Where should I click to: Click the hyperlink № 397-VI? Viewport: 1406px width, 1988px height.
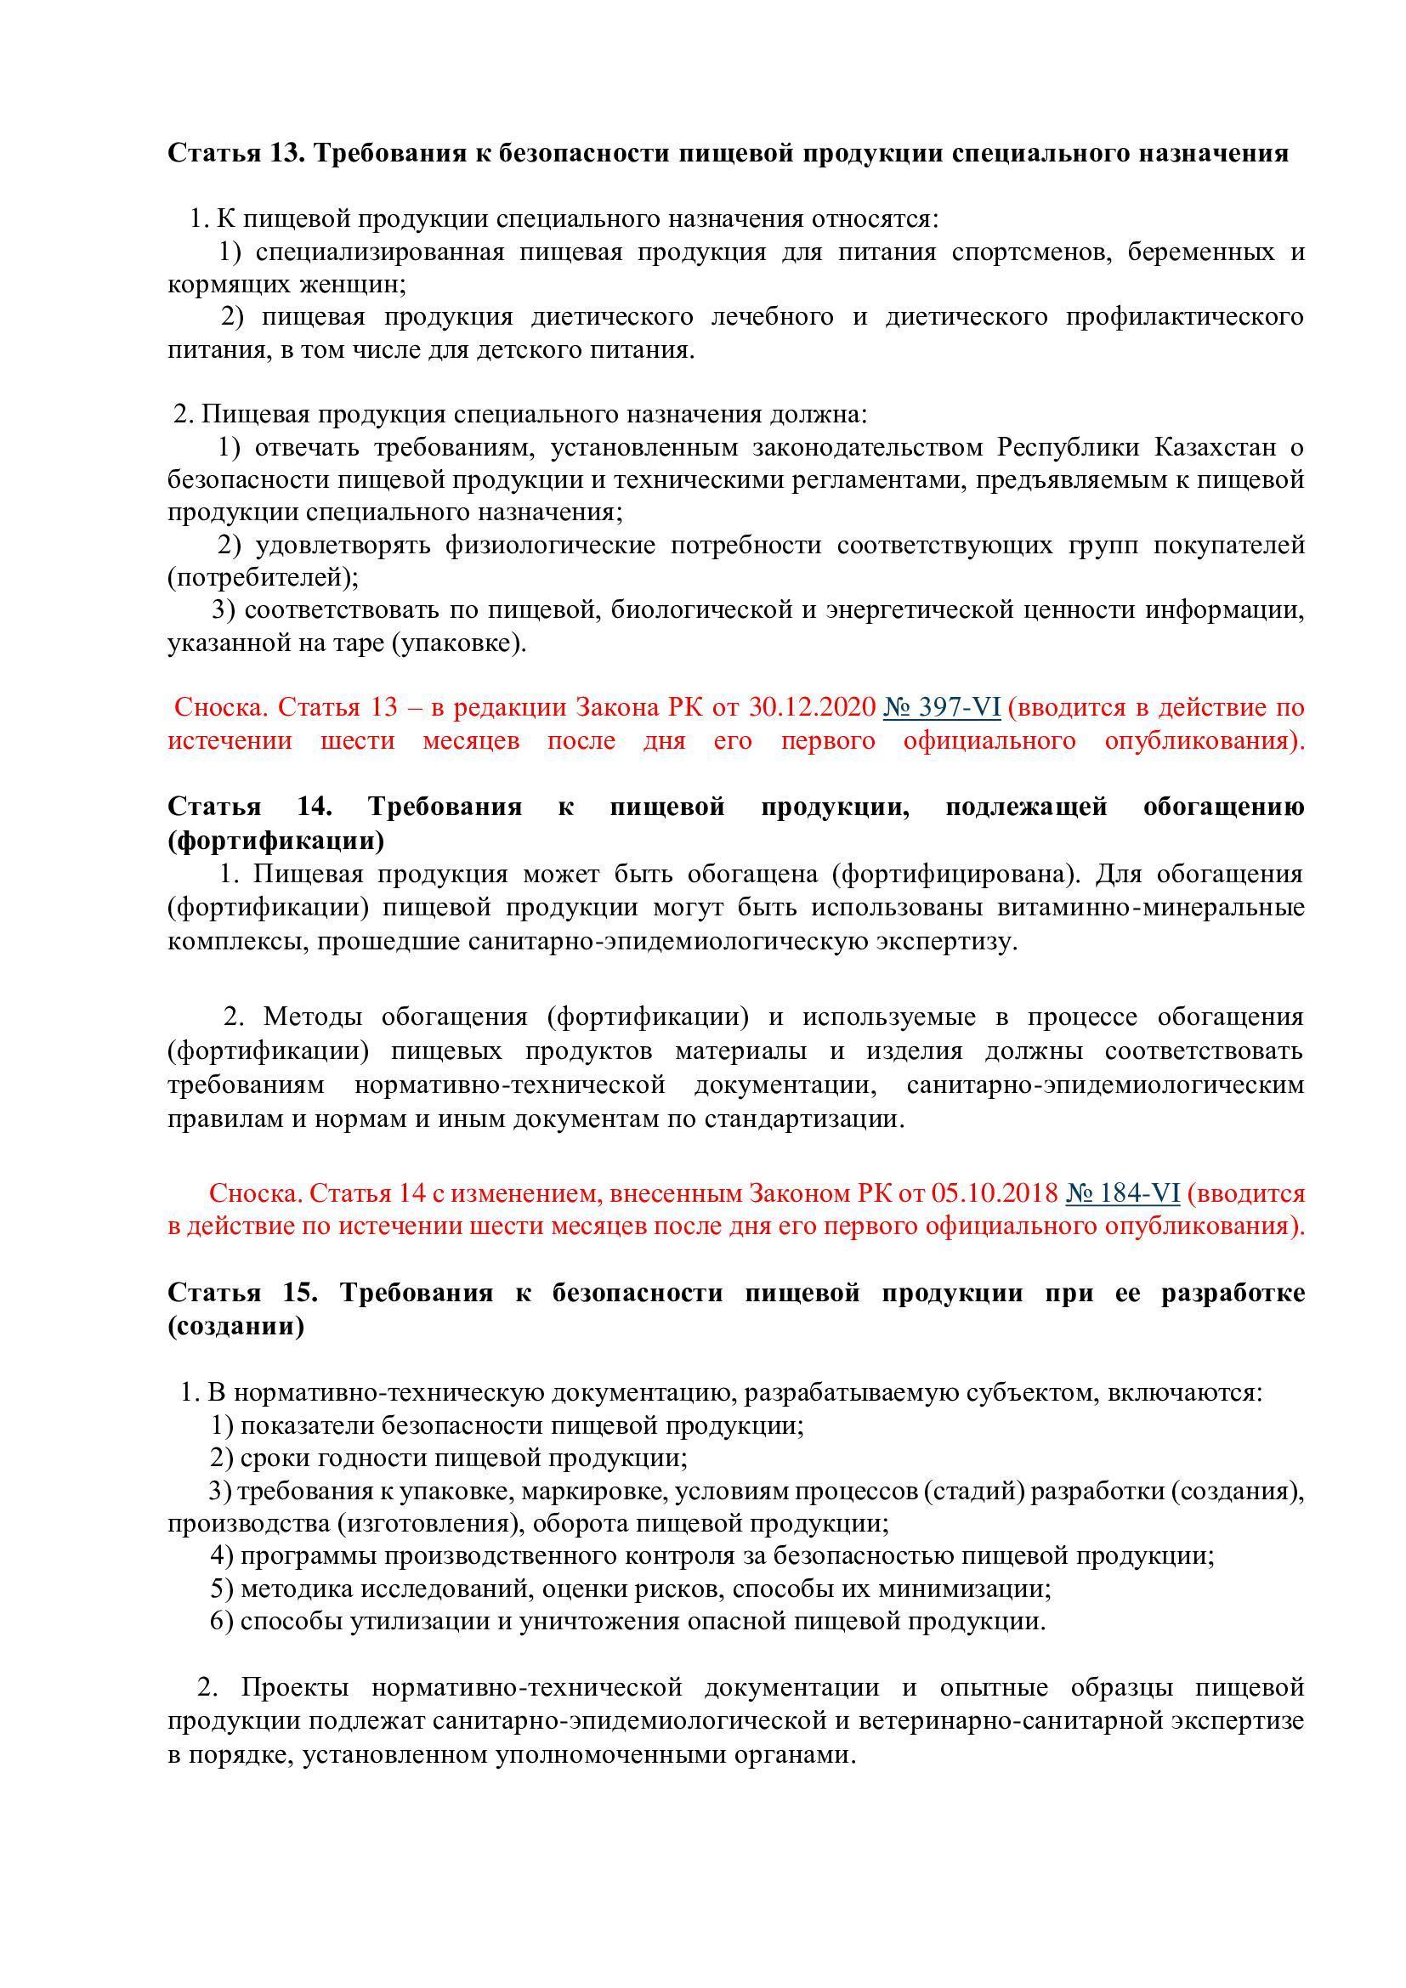point(942,707)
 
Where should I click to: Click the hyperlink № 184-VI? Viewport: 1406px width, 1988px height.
point(1122,1193)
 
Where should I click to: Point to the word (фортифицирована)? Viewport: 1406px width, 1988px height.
point(956,874)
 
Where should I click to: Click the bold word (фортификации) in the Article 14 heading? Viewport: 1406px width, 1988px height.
point(276,840)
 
